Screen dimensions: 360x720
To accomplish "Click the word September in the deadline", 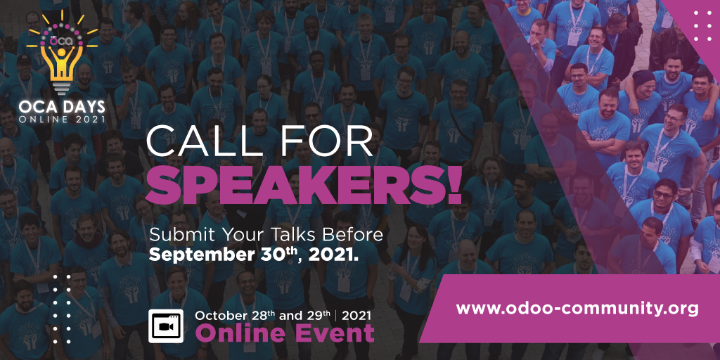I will coord(194,255).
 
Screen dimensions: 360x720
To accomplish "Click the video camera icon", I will coord(166,325).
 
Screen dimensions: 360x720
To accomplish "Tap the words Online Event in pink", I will coord(285,333).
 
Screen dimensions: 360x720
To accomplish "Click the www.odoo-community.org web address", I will coord(577,308).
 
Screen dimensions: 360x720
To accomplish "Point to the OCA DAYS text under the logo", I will coord(63,107).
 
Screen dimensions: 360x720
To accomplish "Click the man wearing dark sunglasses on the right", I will coord(662,195).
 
